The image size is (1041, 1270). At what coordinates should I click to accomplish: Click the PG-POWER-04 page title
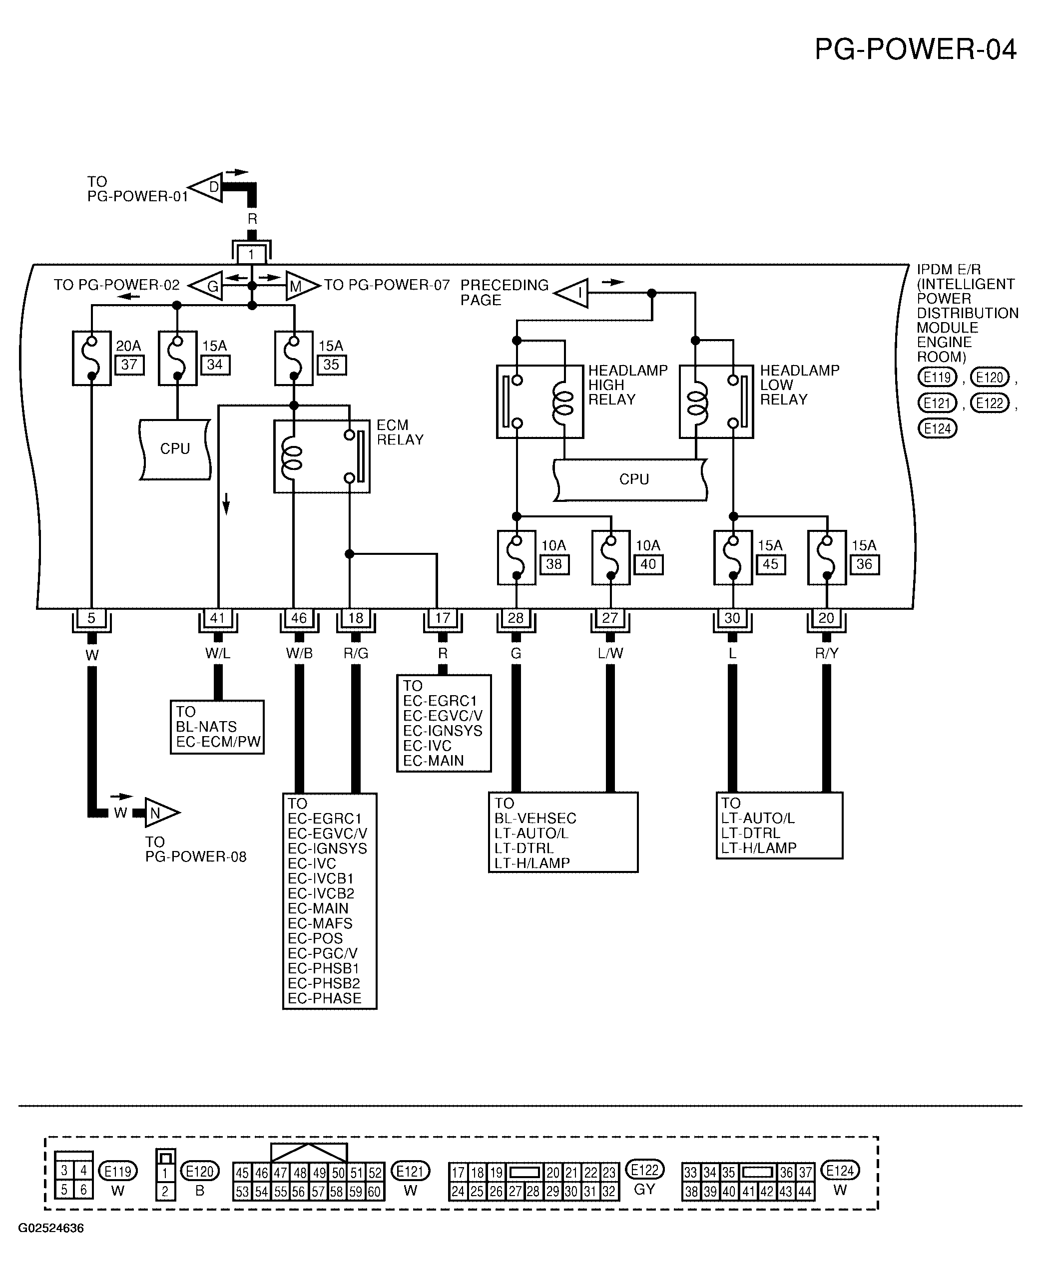(915, 49)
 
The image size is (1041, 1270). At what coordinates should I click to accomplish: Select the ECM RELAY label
(400, 432)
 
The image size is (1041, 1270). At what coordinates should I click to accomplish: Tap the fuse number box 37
(129, 365)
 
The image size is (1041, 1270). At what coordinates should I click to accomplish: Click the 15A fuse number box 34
(215, 365)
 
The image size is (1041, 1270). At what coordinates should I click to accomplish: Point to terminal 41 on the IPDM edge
(217, 618)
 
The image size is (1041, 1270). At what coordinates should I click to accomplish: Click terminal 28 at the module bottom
(516, 618)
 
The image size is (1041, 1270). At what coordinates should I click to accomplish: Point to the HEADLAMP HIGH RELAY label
(627, 385)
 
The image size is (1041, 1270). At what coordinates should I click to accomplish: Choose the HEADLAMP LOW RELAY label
(799, 385)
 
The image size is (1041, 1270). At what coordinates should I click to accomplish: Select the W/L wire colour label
(218, 654)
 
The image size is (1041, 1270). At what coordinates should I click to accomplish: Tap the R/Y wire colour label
(826, 654)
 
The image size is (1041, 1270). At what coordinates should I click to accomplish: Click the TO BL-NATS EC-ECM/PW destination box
(217, 727)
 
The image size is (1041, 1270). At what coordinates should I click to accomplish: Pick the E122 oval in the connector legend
(644, 1169)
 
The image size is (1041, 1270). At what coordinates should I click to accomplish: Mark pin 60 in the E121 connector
(374, 1192)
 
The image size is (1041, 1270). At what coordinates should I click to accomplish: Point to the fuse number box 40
(648, 564)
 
